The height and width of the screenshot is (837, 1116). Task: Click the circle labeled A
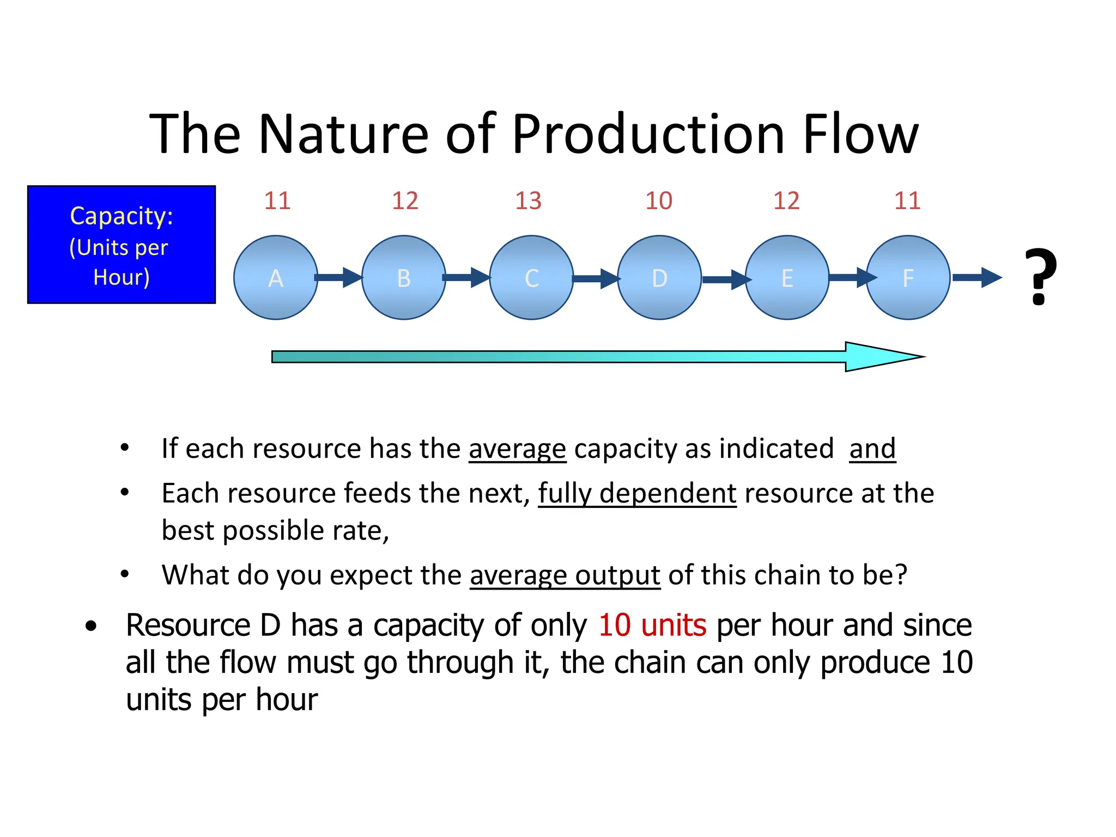[276, 277]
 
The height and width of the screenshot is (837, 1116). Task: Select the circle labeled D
[659, 277]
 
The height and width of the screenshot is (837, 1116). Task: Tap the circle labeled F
[908, 277]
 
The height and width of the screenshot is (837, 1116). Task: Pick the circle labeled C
[531, 277]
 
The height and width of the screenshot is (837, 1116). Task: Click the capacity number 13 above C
[528, 201]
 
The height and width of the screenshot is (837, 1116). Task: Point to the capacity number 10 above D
[659, 201]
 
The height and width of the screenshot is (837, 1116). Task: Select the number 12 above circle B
[405, 201]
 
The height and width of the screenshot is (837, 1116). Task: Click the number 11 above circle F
[907, 201]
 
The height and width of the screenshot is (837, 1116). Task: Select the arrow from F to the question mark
[976, 277]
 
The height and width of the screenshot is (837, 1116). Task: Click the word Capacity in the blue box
[121, 216]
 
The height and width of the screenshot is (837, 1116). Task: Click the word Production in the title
[648, 134]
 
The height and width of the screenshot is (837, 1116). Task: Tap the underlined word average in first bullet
[517, 449]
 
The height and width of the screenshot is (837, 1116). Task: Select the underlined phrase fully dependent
[637, 494]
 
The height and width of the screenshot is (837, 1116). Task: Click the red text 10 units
[652, 625]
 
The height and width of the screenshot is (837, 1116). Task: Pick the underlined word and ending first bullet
[872, 449]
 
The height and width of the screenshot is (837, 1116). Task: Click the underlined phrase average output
[565, 575]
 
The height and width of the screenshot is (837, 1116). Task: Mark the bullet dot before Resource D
[91, 626]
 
